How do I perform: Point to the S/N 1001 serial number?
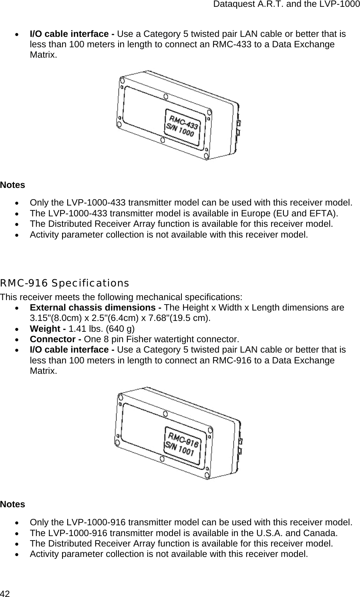pos(180,448)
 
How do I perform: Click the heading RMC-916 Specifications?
pos(64,283)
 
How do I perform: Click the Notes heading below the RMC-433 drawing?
pos(12,185)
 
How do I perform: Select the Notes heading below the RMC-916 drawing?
pos(12,504)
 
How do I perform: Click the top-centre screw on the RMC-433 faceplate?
pos(165,96)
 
